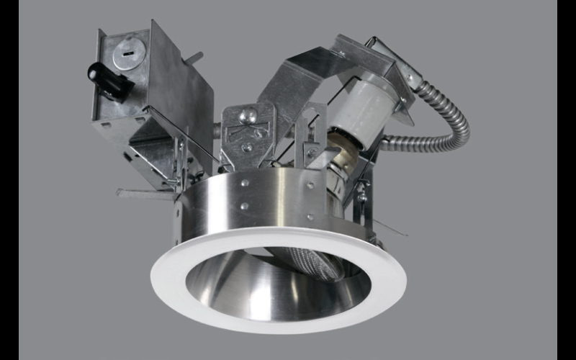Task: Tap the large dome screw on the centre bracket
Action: point(248,114)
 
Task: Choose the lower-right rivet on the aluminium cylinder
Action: point(311,215)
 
